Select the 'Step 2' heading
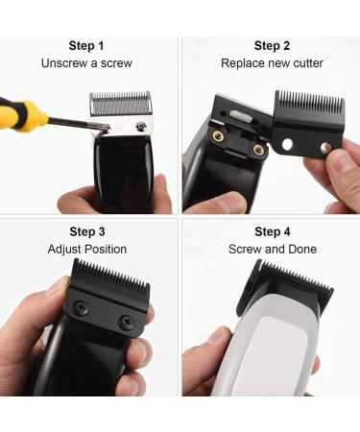[273, 45]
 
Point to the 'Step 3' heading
[88, 231]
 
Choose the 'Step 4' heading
[273, 231]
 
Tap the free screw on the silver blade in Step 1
[141, 127]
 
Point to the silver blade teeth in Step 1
[122, 103]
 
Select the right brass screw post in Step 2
[258, 150]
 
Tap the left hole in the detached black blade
[287, 145]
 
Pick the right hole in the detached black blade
[324, 147]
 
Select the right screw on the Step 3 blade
[124, 322]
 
